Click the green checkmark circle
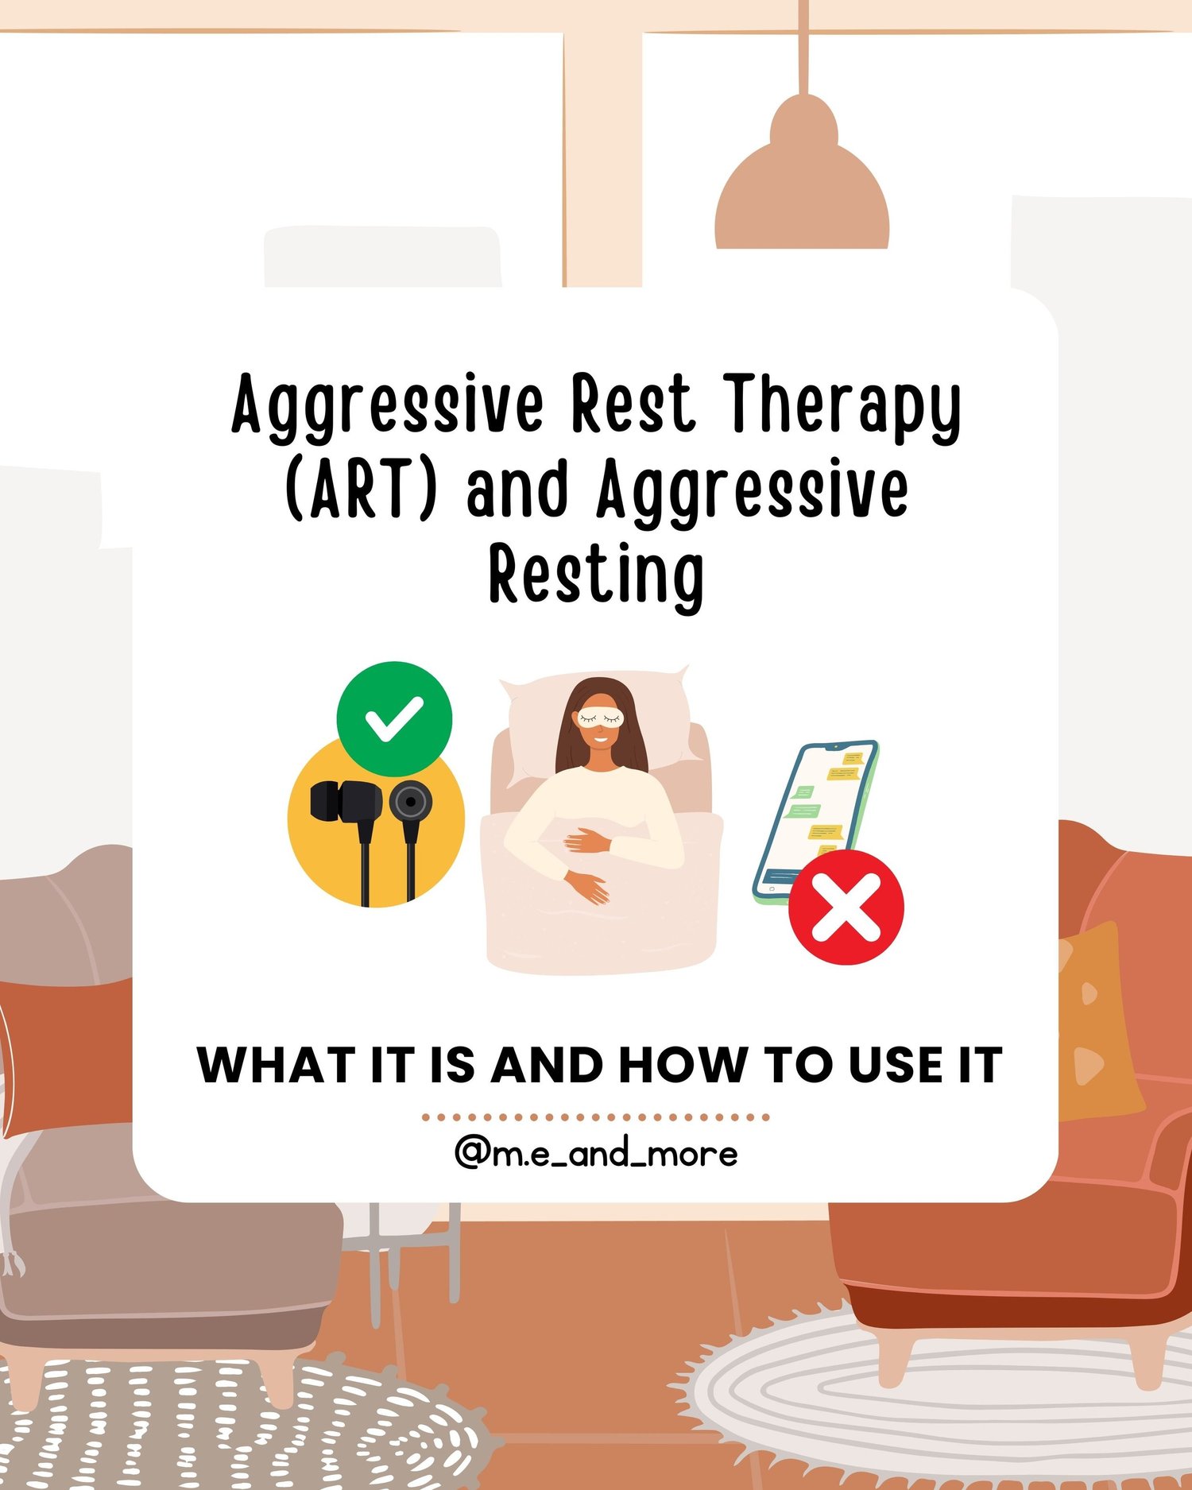[x=394, y=718]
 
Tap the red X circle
[x=846, y=908]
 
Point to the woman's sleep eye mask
[x=600, y=717]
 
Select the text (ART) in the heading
[x=362, y=490]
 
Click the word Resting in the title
[x=596, y=574]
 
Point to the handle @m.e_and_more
[x=596, y=1154]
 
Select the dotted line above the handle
[x=596, y=1117]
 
